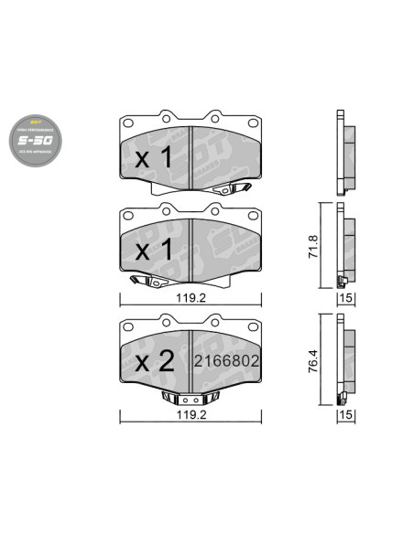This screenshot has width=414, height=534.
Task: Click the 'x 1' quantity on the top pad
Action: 153,157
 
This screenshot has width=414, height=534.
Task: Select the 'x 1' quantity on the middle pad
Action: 153,249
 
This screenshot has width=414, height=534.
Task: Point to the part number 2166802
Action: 224,361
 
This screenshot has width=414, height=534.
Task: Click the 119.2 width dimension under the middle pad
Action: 190,296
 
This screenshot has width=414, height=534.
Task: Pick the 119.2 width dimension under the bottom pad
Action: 190,412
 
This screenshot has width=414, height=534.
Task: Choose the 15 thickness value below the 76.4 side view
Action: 347,415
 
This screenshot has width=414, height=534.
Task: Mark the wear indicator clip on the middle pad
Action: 144,281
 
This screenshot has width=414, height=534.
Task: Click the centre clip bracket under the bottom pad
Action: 190,398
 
